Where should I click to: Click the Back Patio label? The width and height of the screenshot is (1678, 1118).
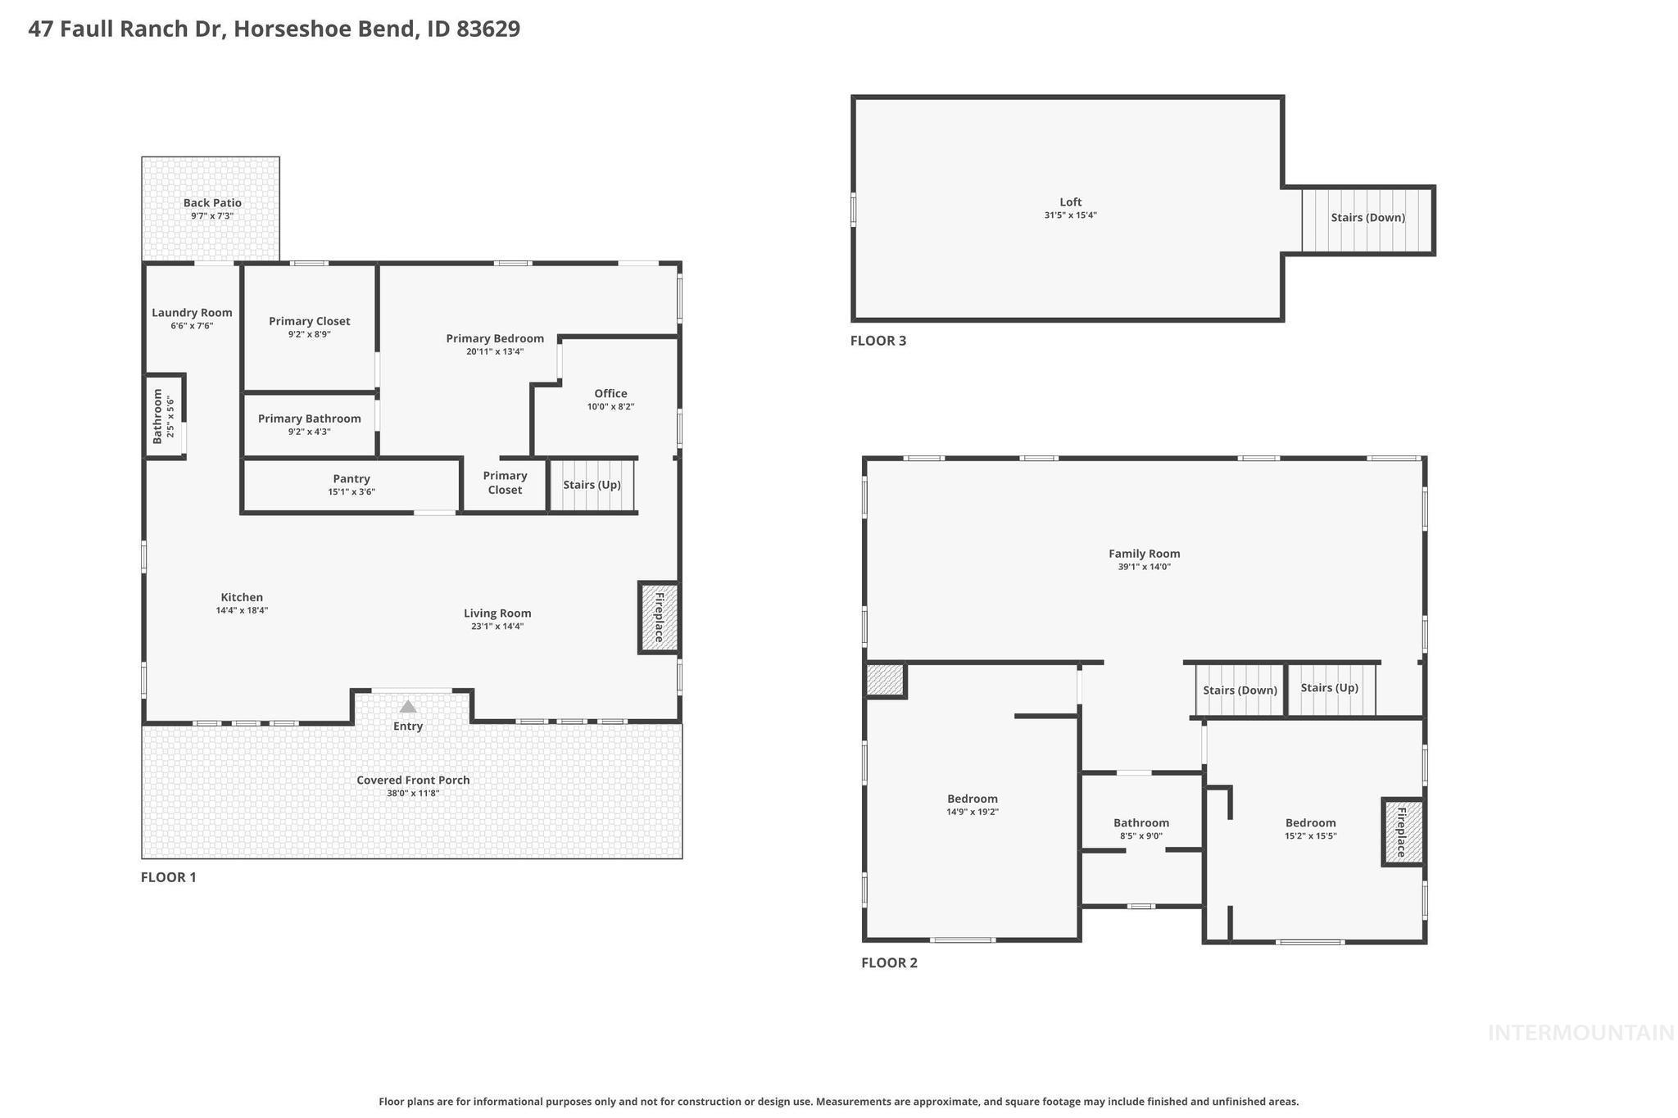(212, 203)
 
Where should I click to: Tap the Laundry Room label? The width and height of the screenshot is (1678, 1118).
(192, 313)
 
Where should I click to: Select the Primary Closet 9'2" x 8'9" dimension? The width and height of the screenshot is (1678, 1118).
(309, 334)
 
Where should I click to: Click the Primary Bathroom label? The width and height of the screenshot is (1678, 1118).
(309, 419)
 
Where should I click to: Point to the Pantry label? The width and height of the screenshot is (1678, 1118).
(351, 479)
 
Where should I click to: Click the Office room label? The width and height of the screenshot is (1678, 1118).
(610, 394)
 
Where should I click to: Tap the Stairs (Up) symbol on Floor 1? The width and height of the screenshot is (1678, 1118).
(592, 485)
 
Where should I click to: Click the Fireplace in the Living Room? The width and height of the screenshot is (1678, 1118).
(659, 618)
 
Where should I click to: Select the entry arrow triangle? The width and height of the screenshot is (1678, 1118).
(407, 706)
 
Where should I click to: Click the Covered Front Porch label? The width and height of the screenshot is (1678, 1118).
(413, 780)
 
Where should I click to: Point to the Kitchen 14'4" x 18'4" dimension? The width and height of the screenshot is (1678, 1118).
(242, 610)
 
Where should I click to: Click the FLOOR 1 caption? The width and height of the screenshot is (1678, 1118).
(169, 877)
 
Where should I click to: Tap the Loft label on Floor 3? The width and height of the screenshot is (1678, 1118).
(1070, 202)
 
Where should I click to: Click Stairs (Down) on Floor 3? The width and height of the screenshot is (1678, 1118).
(1367, 218)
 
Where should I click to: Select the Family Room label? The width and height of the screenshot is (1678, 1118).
(1144, 554)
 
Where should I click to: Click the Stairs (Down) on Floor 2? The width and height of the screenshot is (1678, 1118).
(1240, 690)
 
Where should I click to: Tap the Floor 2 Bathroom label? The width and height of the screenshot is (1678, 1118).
(1141, 823)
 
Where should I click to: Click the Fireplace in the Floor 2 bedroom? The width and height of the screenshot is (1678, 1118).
(1402, 832)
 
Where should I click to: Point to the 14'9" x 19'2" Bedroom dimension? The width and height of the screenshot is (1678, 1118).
(972, 812)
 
